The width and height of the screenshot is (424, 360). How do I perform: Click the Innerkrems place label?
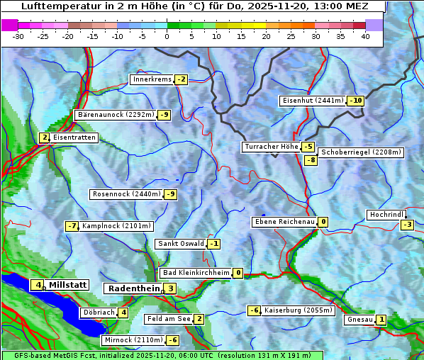coord(152,79)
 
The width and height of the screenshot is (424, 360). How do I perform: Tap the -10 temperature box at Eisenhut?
coord(356,101)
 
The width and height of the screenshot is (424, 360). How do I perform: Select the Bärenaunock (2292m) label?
coord(115,115)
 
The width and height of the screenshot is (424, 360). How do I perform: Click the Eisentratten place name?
coord(74,137)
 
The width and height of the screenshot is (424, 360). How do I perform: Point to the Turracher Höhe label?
coord(271,147)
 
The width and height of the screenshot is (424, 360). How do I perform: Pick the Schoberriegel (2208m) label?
coord(361,152)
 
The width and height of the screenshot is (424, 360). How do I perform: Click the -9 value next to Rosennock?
coord(170,194)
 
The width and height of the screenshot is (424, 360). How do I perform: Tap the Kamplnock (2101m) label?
coord(116,226)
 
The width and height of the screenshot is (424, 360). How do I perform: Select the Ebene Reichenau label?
coord(284,222)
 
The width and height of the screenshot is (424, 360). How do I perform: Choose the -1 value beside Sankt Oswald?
coord(214,244)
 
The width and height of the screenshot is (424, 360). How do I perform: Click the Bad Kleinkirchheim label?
coord(196,273)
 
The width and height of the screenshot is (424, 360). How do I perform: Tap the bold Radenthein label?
coord(133,288)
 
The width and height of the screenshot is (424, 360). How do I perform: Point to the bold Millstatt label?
coord(68,285)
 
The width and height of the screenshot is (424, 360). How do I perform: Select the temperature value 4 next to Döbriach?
coord(123,312)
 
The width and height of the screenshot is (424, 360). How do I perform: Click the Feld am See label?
coord(169,319)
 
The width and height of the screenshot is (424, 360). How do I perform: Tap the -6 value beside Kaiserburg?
coord(255,310)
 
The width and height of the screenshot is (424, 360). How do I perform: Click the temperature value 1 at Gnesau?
coord(381,320)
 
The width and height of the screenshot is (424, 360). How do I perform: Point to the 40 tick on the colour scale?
coord(365,36)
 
